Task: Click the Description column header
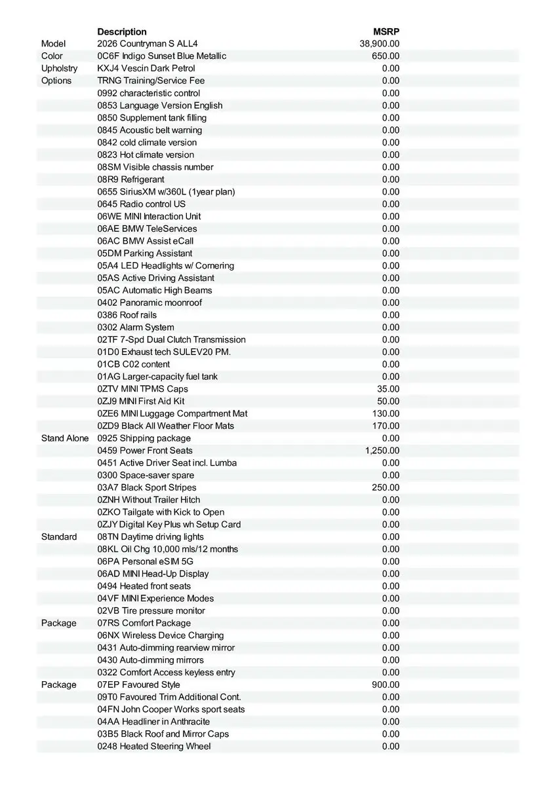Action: pos(122,31)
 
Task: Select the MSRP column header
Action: pos(386,31)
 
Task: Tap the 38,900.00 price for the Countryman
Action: pos(380,44)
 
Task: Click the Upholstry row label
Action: pos(59,68)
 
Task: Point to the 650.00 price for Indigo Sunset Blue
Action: pos(386,56)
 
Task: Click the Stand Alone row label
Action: pos(65,438)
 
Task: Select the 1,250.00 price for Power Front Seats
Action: pos(382,451)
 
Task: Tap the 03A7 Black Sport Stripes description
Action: pos(147,487)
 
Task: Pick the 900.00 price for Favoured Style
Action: pos(386,684)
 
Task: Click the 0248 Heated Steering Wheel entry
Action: pos(154,746)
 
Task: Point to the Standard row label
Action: pos(59,536)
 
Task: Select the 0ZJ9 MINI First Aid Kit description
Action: pos(141,401)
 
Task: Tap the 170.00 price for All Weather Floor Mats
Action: pos(386,426)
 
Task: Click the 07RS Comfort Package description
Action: pos(144,623)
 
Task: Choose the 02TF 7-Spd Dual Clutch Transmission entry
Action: pos(172,339)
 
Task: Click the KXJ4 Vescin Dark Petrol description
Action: pos(146,68)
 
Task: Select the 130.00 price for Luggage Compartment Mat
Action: pos(386,413)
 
